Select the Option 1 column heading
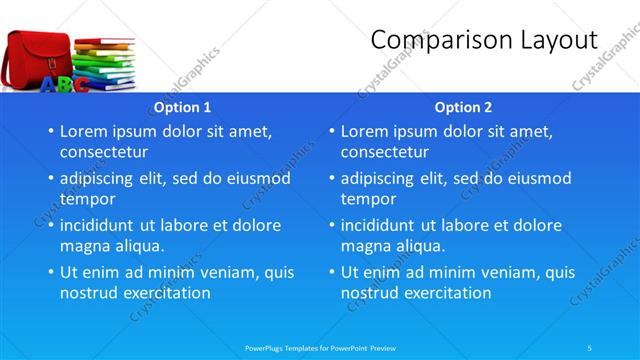tap(181, 107)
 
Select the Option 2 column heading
tap(463, 107)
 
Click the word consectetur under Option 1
tap(104, 152)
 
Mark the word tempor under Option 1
tap(88, 199)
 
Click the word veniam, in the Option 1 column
tap(233, 272)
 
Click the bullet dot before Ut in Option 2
tap(331, 272)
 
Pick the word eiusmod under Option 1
tap(258, 178)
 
